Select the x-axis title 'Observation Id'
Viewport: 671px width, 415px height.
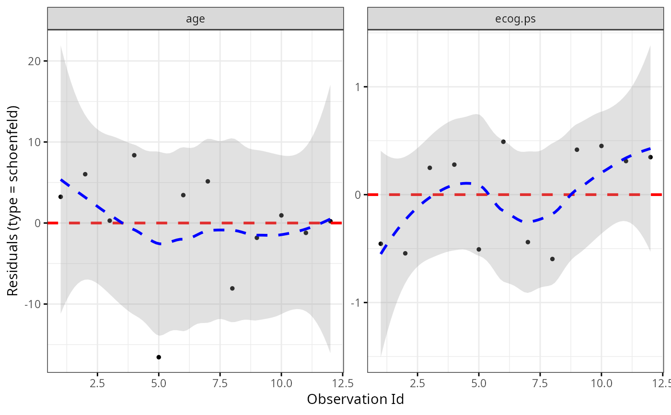[x=355, y=399]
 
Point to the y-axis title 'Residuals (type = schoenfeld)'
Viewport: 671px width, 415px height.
[x=12, y=201]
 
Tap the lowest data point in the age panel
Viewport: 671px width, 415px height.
[x=159, y=357]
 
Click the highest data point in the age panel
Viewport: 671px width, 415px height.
[x=134, y=155]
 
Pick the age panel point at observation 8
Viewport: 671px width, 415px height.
[x=232, y=288]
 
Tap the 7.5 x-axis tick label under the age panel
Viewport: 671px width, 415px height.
[x=220, y=383]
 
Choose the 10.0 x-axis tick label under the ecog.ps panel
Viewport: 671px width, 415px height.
[x=601, y=383]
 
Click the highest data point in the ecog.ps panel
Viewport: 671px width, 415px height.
[x=503, y=142]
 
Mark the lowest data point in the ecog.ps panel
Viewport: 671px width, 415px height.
[x=552, y=259]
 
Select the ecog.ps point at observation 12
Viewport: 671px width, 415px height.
[x=650, y=157]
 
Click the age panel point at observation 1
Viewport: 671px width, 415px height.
[x=60, y=197]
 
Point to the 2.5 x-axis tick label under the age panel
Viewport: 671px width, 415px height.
[x=97, y=383]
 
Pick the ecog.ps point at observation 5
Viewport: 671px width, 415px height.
[x=479, y=249]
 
